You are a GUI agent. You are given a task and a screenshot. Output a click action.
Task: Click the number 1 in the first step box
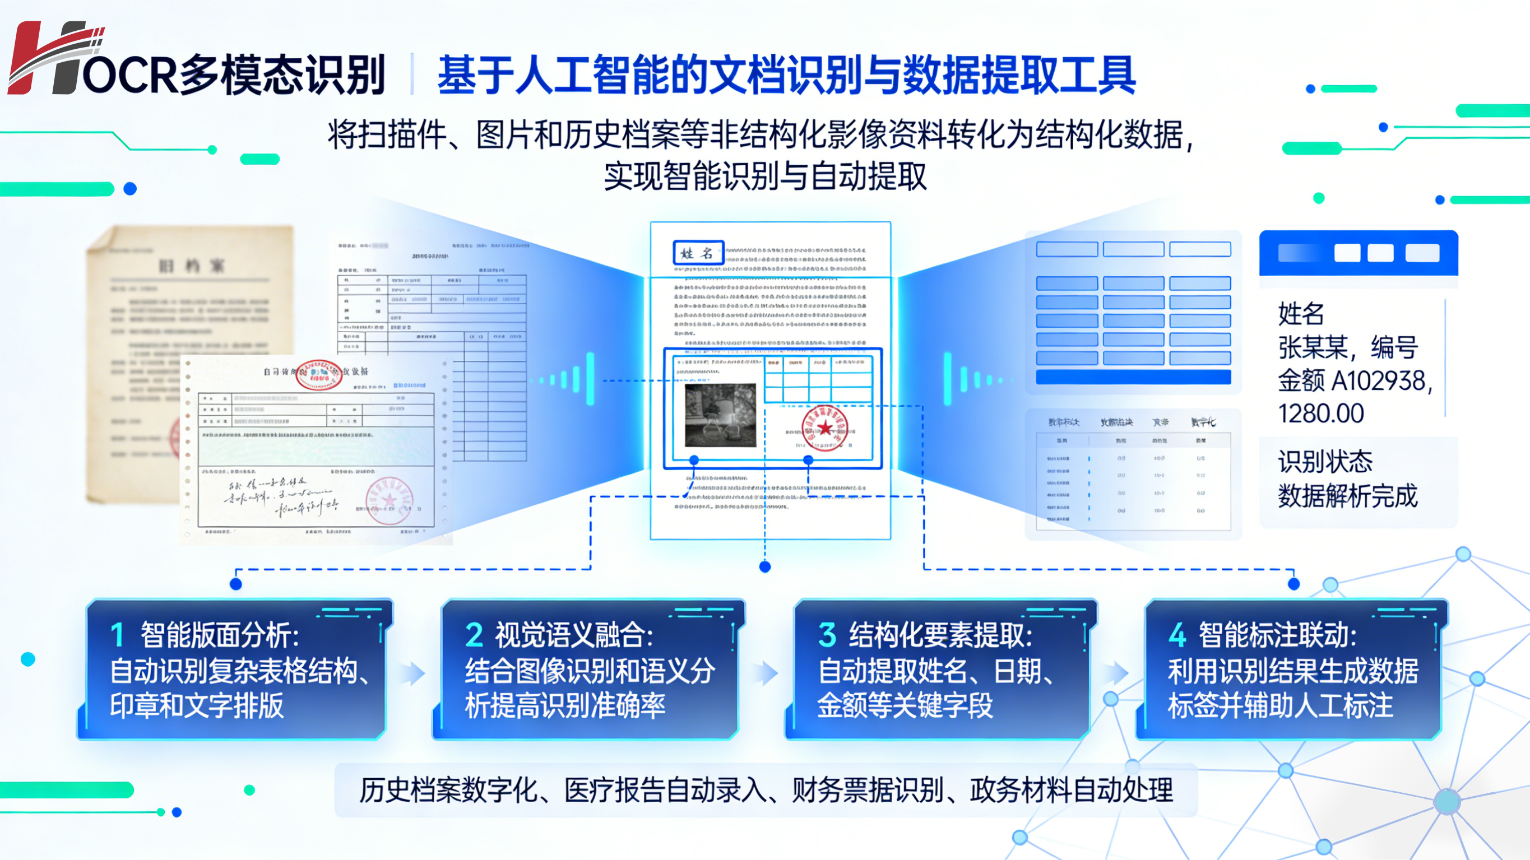pyautogui.click(x=117, y=634)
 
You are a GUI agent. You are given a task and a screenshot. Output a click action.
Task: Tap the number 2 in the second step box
pyautogui.click(x=474, y=634)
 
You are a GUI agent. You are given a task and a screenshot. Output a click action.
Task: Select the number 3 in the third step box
pyautogui.click(x=827, y=634)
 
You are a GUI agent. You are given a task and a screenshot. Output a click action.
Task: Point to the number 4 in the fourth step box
pyautogui.click(x=1176, y=634)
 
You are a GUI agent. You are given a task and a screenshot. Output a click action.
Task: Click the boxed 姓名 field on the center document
pyautogui.click(x=698, y=253)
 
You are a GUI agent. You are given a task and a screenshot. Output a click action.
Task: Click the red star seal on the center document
pyautogui.click(x=824, y=427)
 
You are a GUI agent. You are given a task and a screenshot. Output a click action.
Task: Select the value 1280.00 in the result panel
pyautogui.click(x=1320, y=413)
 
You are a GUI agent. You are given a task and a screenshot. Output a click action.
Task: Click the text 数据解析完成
pyautogui.click(x=1347, y=495)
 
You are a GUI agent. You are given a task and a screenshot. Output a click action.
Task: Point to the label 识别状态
pyautogui.click(x=1324, y=462)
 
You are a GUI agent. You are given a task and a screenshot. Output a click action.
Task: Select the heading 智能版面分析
pyautogui.click(x=220, y=634)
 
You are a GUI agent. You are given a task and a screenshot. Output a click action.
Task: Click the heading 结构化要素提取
pyautogui.click(x=940, y=634)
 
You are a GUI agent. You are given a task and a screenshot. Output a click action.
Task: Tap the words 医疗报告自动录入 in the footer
pyautogui.click(x=665, y=791)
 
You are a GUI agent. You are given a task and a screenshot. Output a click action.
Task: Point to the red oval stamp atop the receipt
pyautogui.click(x=318, y=374)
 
